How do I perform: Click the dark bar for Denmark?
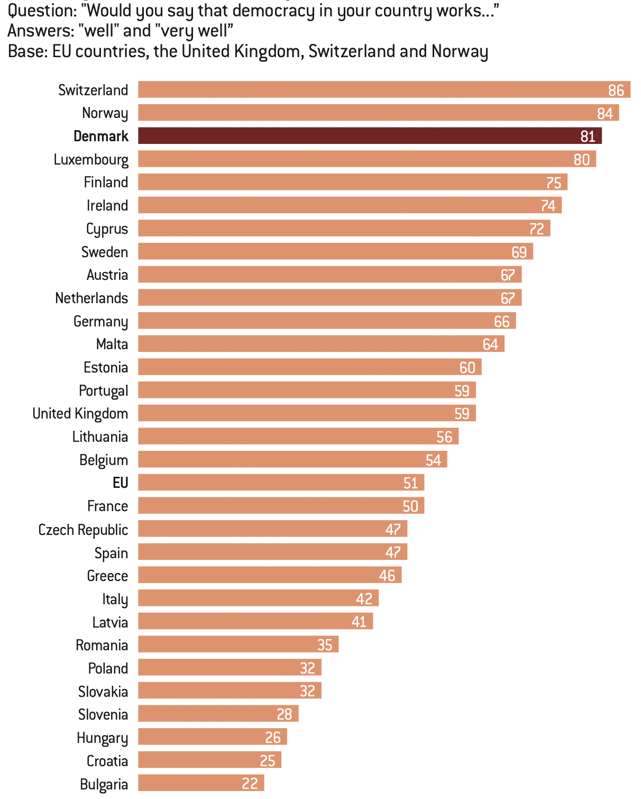pyautogui.click(x=370, y=136)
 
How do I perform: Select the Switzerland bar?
pyautogui.click(x=384, y=90)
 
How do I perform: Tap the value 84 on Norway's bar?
pyautogui.click(x=605, y=113)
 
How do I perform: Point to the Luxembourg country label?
pyautogui.click(x=91, y=160)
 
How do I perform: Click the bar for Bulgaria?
pyautogui.click(x=201, y=783)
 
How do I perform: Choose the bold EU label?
pyautogui.click(x=121, y=483)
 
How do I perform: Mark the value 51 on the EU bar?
pyautogui.click(x=410, y=483)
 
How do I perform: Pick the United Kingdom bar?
pyautogui.click(x=307, y=413)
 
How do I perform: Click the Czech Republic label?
pyautogui.click(x=83, y=530)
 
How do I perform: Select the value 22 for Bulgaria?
pyautogui.click(x=250, y=784)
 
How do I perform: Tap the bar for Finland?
pyautogui.click(x=353, y=182)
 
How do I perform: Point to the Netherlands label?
pyautogui.click(x=91, y=298)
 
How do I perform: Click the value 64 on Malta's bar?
pyautogui.click(x=490, y=344)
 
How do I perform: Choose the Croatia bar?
pyautogui.click(x=209, y=760)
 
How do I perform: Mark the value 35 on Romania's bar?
pyautogui.click(x=325, y=645)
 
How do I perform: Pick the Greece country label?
pyautogui.click(x=107, y=576)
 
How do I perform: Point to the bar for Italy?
pyautogui.click(x=258, y=598)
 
